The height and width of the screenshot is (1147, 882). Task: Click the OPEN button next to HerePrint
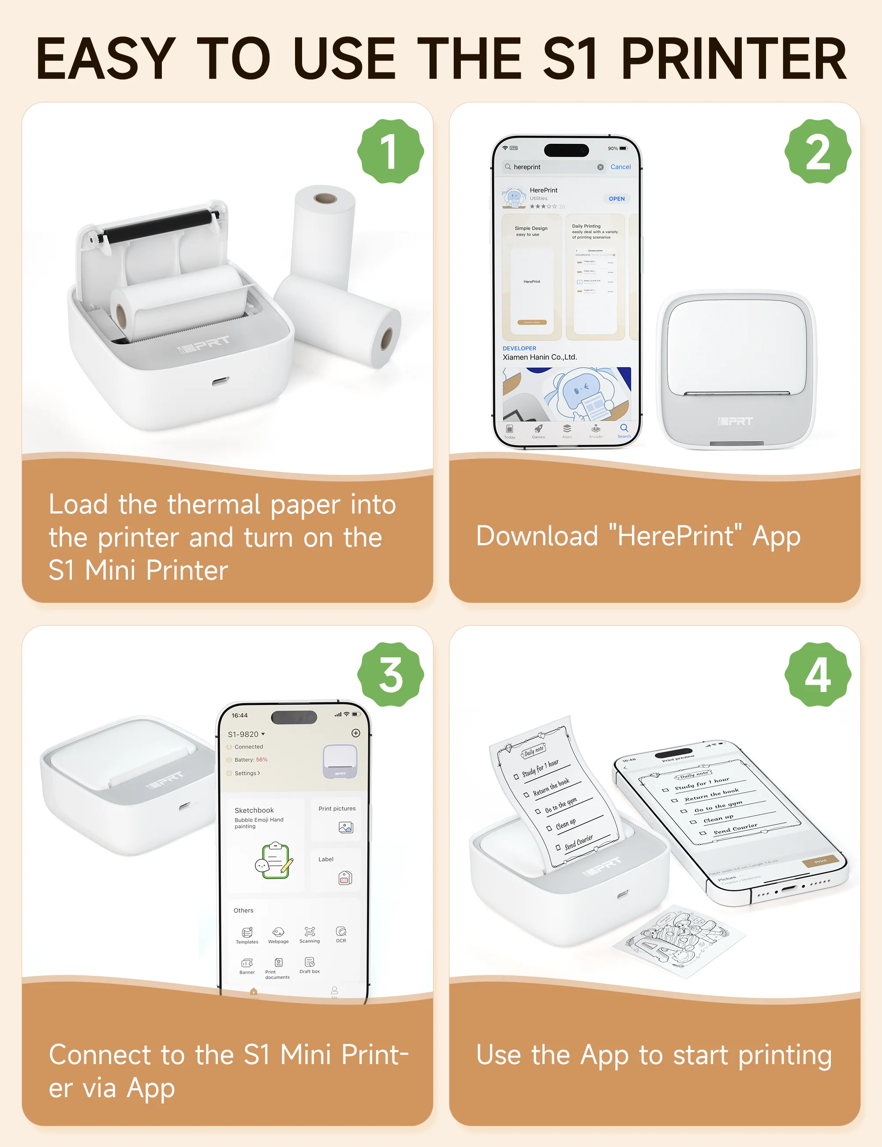[x=617, y=199]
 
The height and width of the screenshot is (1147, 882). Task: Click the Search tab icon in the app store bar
[x=624, y=430]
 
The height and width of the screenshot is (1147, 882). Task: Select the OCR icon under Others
[x=341, y=933]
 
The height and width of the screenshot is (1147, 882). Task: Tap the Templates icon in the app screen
[x=247, y=934]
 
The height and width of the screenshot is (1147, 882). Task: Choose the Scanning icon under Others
[x=310, y=933]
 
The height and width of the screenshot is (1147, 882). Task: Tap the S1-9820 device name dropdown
[x=246, y=734]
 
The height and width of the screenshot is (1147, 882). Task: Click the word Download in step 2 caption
[x=537, y=536]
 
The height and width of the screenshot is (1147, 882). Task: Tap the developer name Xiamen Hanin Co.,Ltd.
[x=540, y=357]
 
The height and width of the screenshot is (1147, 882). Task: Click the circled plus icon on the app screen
[x=355, y=733]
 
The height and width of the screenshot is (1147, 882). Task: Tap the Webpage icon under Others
[x=278, y=934]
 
